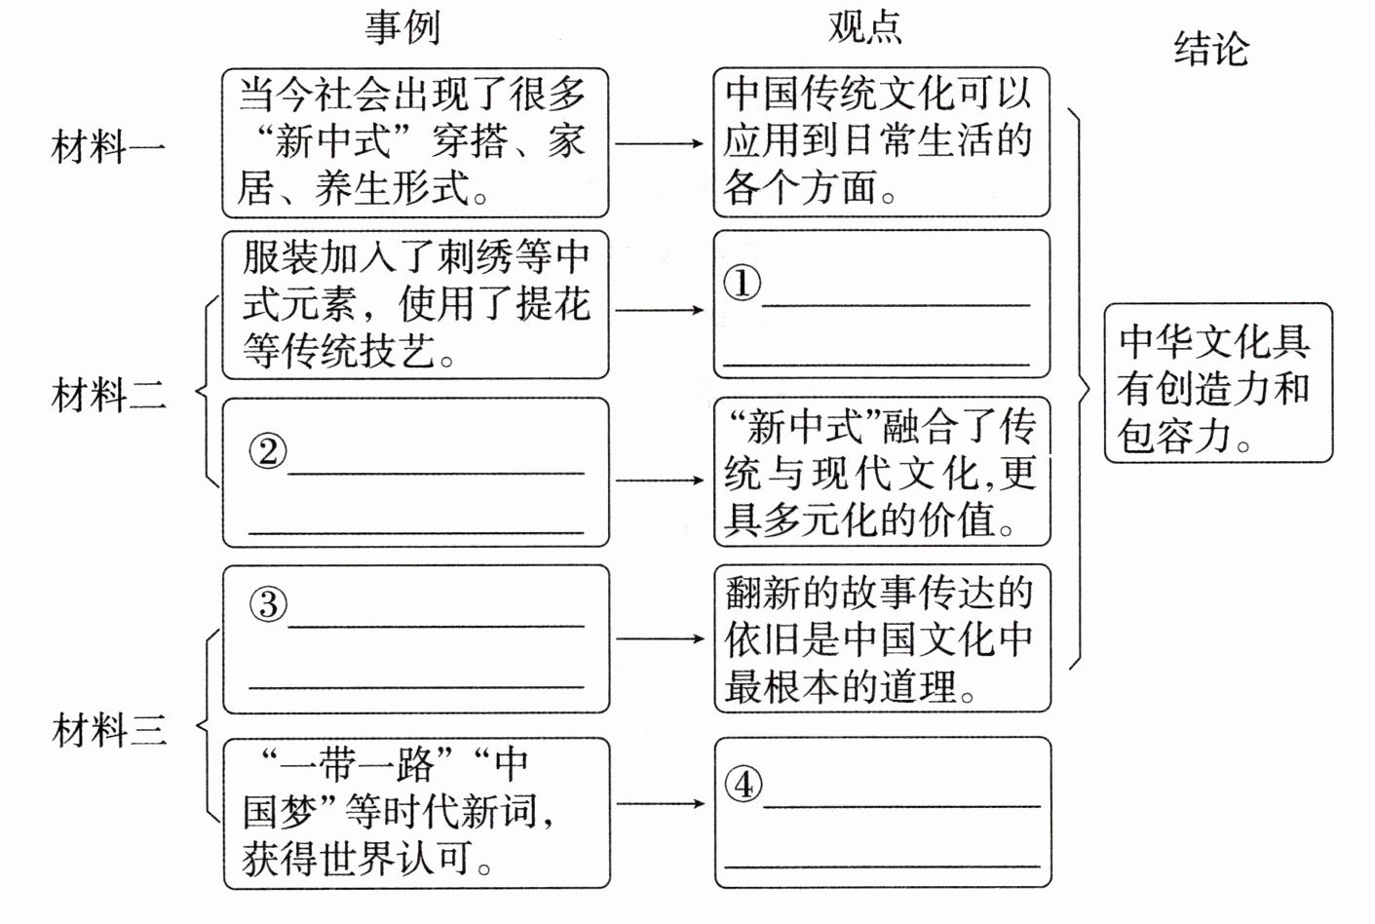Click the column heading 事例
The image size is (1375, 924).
(402, 27)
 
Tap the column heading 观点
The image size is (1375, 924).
(864, 27)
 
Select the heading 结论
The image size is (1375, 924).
(1210, 49)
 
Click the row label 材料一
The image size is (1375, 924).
(108, 148)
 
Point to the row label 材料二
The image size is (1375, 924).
(108, 396)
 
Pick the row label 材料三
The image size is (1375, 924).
(108, 730)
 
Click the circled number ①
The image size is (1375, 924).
(742, 284)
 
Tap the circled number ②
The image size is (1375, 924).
(268, 451)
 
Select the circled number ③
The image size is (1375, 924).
(268, 604)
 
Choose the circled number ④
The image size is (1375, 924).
(744, 784)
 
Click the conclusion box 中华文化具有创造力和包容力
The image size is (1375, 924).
(1217, 384)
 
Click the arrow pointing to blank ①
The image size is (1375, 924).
(660, 310)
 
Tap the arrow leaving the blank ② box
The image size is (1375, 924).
(660, 480)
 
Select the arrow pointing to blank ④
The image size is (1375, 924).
(660, 803)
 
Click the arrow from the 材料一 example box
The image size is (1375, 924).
(660, 143)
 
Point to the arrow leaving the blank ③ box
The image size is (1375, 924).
(660, 638)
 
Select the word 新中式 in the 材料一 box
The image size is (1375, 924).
(333, 143)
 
